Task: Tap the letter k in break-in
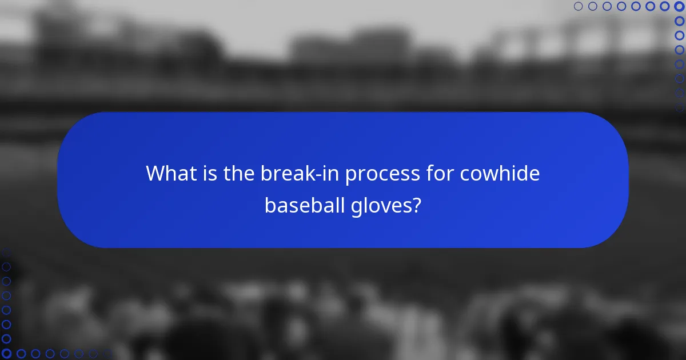[303, 173]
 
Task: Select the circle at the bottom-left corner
[6, 354]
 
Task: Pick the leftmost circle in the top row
[578, 6]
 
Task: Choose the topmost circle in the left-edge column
[6, 252]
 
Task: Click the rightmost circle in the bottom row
[107, 354]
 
